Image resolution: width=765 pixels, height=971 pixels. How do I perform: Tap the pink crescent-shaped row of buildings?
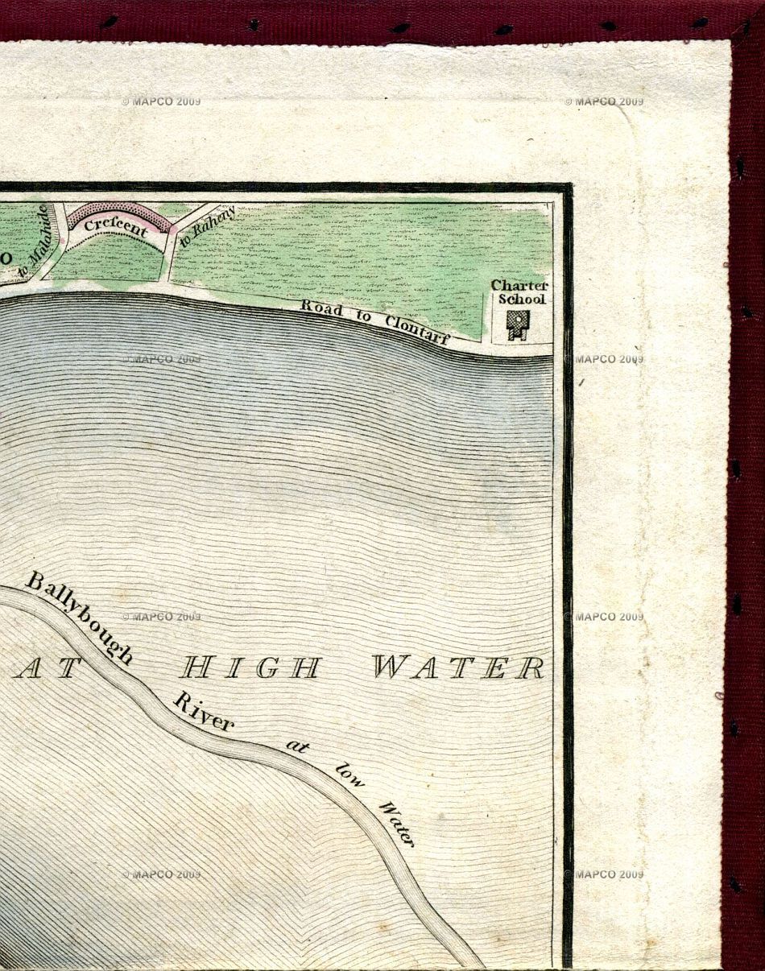tap(118, 210)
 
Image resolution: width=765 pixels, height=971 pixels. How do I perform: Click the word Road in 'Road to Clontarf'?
tap(320, 309)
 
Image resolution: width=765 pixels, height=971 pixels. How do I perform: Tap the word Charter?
tap(519, 286)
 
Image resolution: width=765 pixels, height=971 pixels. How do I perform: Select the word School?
tap(521, 299)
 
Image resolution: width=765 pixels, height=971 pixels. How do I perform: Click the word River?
tap(204, 711)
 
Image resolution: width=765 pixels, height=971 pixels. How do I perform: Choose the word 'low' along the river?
tap(349, 773)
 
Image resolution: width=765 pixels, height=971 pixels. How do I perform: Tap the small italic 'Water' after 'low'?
tap(396, 823)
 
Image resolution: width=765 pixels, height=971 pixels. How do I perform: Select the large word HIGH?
tap(250, 667)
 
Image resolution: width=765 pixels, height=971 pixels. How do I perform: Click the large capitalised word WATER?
tap(457, 667)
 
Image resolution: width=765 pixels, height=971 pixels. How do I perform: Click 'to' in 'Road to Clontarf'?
tap(364, 317)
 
